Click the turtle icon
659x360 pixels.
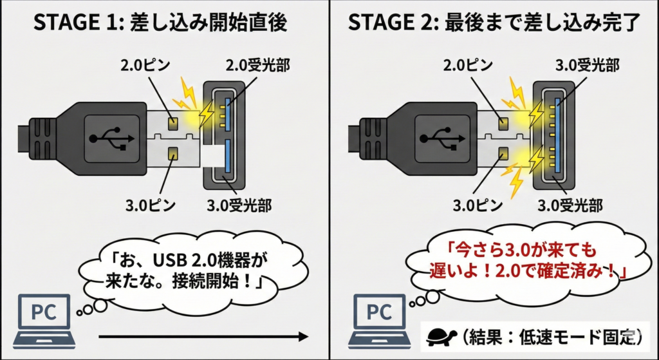[x=441, y=336]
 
